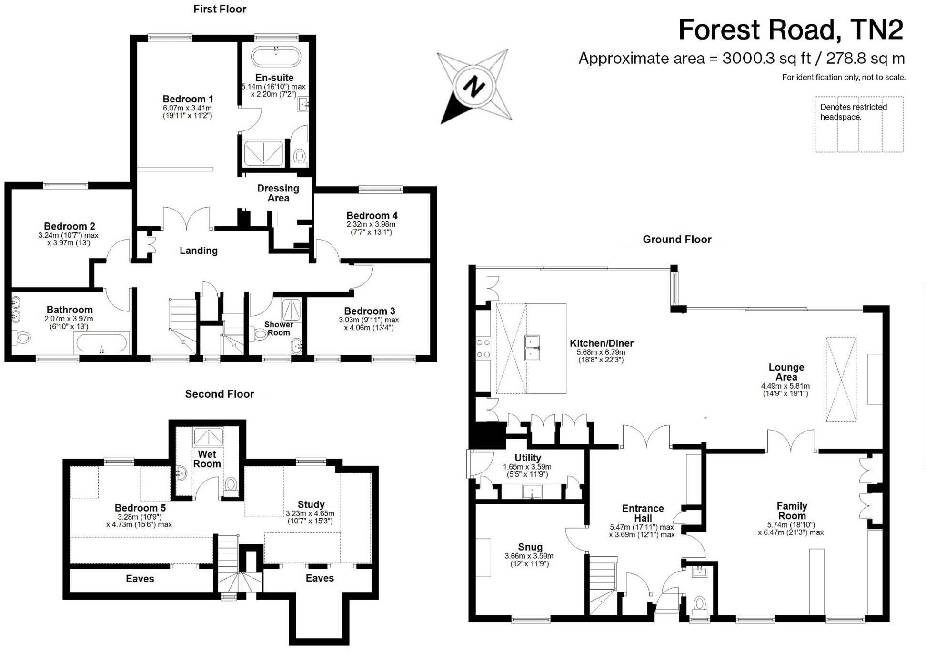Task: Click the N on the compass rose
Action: tap(473, 87)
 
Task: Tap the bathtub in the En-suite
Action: tap(276, 57)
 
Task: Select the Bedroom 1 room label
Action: tap(188, 99)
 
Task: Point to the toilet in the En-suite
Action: tap(299, 156)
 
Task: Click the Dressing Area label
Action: tap(278, 193)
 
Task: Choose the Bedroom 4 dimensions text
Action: tap(371, 228)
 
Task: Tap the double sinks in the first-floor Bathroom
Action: tap(16, 309)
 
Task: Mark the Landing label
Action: tap(199, 251)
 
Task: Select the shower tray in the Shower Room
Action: tap(292, 310)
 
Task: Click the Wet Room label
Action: tap(207, 459)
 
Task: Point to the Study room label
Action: tap(311, 504)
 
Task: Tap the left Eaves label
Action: tap(140, 579)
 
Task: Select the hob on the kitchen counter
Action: tap(483, 348)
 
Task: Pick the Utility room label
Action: tap(528, 458)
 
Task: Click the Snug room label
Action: tap(530, 547)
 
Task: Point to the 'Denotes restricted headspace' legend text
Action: tap(853, 112)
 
